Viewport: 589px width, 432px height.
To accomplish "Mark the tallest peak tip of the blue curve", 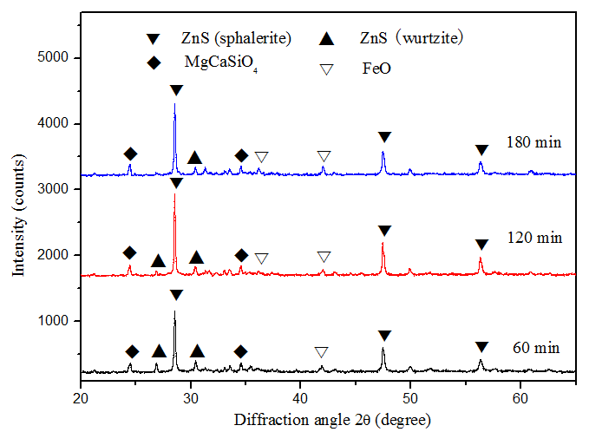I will click(174, 104).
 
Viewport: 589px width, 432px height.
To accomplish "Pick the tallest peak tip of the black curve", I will click(174, 311).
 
